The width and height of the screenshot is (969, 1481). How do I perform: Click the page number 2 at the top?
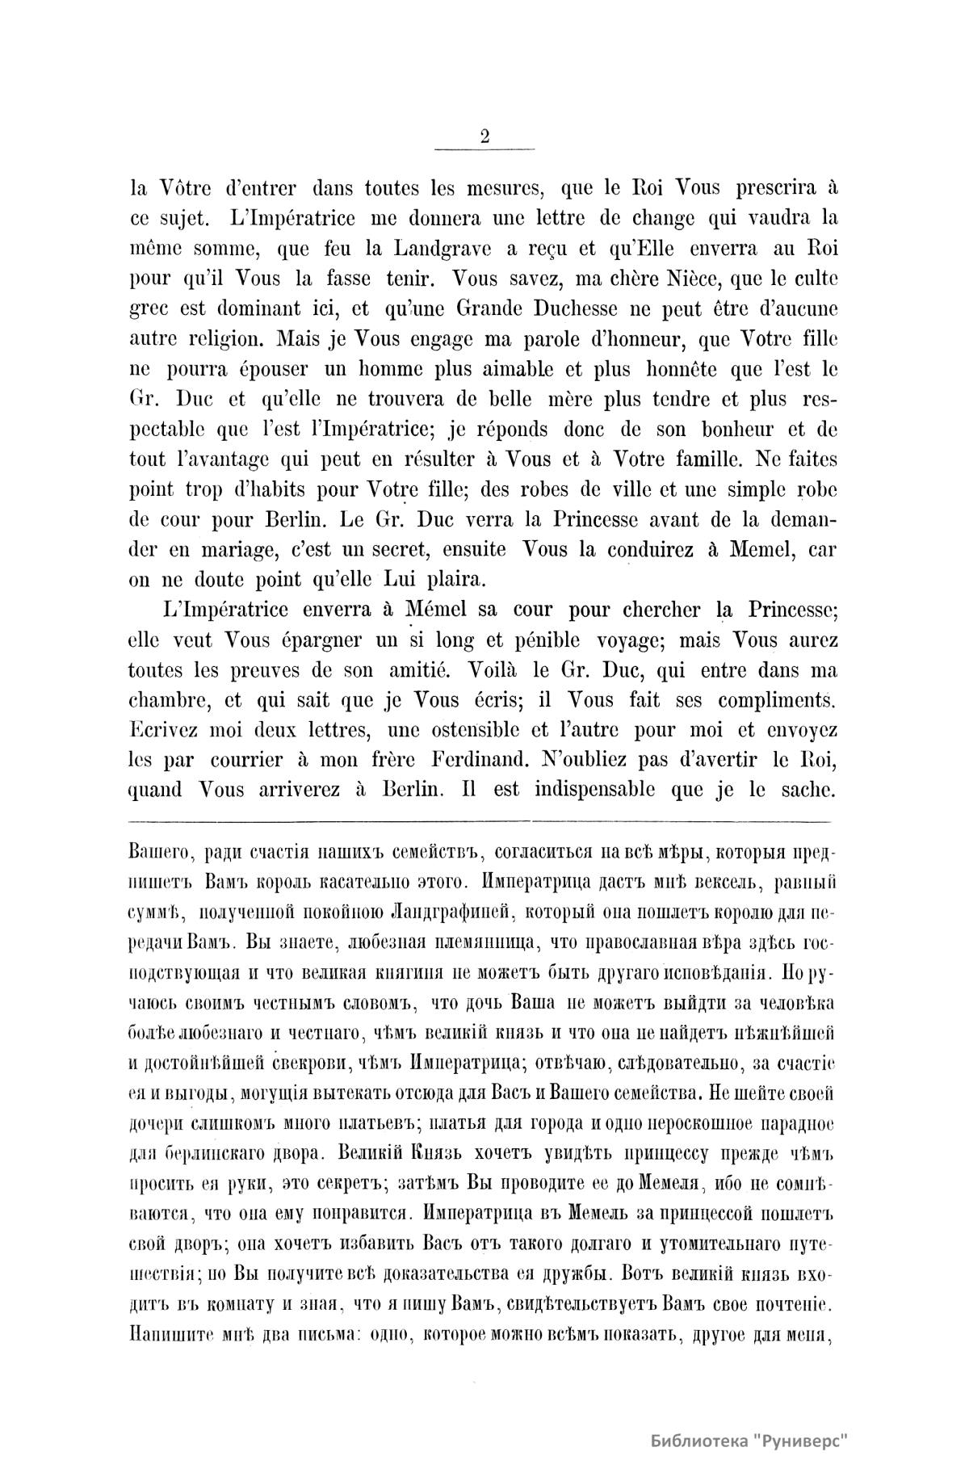point(484,136)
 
